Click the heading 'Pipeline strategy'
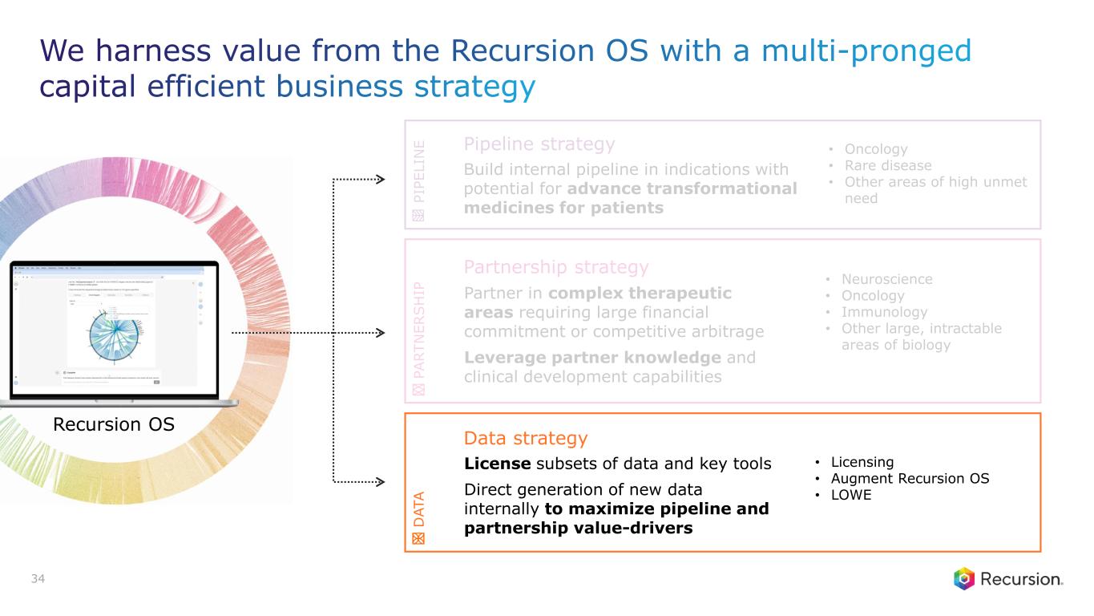point(539,144)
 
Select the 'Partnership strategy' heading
point(556,266)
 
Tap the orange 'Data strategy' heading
point(526,438)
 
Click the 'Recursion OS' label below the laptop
point(113,425)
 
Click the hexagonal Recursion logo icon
point(964,578)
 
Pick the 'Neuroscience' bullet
point(886,279)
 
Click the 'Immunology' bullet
point(884,312)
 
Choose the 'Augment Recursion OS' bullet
point(910,479)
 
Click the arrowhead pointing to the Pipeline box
point(381,180)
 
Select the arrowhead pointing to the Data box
point(381,482)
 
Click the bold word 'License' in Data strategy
point(497,464)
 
